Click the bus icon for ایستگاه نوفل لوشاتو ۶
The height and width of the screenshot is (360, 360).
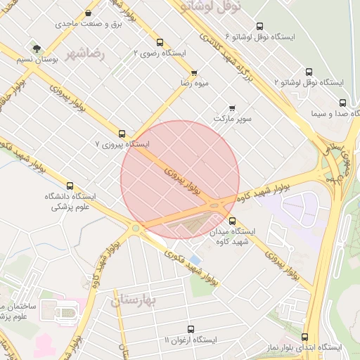tap(261, 26)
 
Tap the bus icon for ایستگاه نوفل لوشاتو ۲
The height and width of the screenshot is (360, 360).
tap(309, 72)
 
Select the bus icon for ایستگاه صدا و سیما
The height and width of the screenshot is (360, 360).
tap(342, 103)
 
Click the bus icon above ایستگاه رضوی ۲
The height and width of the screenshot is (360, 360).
tap(160, 42)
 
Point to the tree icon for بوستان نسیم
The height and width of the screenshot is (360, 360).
tap(37, 49)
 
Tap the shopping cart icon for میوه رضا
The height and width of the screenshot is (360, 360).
tap(194, 72)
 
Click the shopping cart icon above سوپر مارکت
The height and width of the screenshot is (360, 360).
tap(232, 108)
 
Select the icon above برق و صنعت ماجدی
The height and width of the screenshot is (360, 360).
tap(88, 13)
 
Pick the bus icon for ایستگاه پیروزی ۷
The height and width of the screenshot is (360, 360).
tap(122, 133)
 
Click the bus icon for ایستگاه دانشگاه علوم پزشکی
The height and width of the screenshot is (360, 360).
tap(69, 186)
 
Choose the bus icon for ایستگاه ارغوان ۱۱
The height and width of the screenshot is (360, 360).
tap(191, 329)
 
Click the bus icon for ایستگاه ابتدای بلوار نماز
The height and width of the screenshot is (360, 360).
tap(304, 337)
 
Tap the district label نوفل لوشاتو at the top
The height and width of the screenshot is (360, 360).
tap(211, 6)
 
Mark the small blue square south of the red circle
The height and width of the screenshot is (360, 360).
tap(195, 260)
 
